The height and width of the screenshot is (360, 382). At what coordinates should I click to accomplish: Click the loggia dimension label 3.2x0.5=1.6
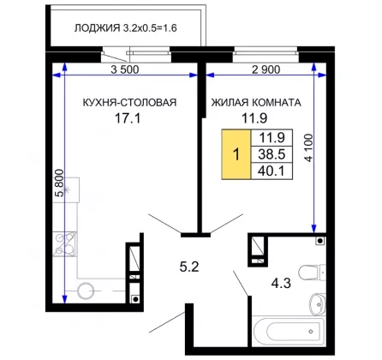[150, 28]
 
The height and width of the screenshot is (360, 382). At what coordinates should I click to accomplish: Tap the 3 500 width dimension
[125, 69]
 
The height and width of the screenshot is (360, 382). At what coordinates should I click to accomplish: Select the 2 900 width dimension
[266, 69]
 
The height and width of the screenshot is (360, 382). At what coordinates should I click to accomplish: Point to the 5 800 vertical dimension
[59, 183]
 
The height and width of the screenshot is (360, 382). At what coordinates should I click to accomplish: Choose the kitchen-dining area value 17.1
[128, 118]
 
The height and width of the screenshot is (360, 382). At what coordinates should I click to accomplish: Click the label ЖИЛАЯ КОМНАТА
[256, 102]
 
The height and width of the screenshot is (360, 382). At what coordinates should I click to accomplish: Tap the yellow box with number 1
[236, 154]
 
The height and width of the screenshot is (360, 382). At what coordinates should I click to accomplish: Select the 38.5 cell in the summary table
[272, 154]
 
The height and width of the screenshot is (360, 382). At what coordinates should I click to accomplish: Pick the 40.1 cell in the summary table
[272, 171]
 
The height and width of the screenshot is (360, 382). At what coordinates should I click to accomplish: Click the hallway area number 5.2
[189, 267]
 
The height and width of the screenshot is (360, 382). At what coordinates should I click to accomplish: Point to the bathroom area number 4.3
[281, 283]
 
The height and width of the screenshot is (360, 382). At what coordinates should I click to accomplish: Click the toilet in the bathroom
[313, 272]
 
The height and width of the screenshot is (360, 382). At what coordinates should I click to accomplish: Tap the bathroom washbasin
[318, 303]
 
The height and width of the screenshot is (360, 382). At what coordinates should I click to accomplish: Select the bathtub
[289, 331]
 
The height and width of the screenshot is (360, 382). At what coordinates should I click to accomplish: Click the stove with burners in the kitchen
[65, 243]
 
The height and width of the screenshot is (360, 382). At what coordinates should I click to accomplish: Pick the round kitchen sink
[86, 291]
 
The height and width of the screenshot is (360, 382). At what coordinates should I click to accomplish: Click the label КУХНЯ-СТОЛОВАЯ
[129, 102]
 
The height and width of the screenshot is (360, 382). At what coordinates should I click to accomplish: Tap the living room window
[266, 53]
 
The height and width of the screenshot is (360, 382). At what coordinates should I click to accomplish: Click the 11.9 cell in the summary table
[272, 138]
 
